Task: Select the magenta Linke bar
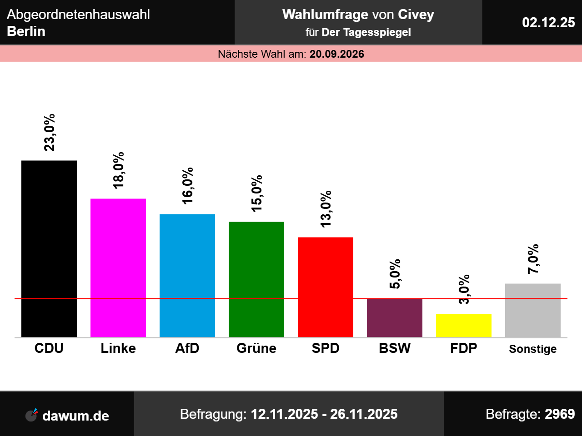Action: (118, 268)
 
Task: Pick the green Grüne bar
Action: (256, 279)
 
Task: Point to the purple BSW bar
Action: (395, 318)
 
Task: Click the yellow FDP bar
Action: (464, 326)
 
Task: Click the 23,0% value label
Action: (49, 133)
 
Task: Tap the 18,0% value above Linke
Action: (118, 170)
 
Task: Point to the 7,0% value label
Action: (533, 259)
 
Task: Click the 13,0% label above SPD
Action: (326, 209)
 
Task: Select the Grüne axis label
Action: (256, 348)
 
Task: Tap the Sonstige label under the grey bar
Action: (533, 349)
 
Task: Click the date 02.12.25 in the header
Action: (548, 22)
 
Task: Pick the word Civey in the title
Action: (416, 15)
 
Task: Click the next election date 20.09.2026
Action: (337, 54)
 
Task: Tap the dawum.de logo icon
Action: (31, 415)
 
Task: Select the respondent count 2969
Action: (560, 414)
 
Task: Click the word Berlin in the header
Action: (26, 31)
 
